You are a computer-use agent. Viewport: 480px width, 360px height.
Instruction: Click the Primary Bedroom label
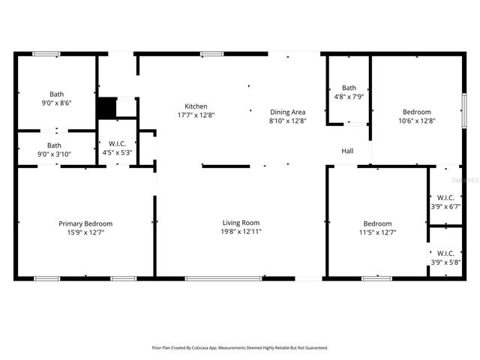coord(85,223)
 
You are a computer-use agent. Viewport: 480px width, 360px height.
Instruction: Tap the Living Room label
coord(241,223)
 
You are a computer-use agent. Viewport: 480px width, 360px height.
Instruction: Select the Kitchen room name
coord(196,106)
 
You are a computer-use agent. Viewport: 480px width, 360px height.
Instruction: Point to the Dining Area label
coord(288,112)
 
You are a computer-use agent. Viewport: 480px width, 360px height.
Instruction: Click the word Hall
coord(348,151)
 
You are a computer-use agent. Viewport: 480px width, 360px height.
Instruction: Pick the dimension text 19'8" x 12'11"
coord(241,232)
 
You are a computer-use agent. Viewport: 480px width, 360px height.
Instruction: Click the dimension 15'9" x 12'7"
coord(85,232)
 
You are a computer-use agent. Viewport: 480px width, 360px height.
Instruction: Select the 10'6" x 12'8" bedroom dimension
coord(416,120)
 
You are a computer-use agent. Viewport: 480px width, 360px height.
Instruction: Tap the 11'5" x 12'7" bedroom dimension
coord(377,232)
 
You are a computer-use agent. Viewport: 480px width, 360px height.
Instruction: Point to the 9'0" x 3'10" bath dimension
coord(55,154)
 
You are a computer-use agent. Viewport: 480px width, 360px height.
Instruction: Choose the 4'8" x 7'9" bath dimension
coord(349,96)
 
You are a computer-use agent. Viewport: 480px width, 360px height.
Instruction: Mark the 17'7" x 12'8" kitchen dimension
coord(196,115)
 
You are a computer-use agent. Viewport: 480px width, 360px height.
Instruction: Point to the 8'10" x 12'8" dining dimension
coord(288,121)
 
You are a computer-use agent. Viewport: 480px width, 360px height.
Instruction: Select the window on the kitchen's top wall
coord(211,53)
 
